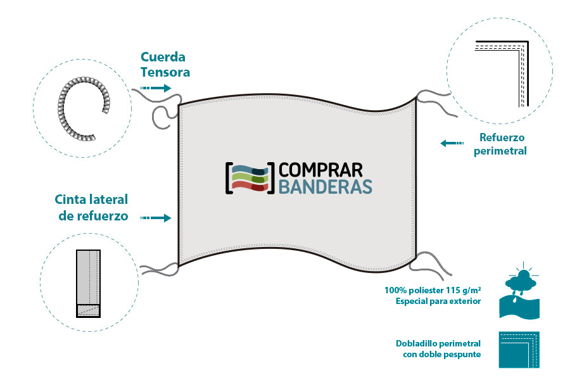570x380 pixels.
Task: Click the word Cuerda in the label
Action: click(163, 57)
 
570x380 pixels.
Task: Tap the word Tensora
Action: click(165, 72)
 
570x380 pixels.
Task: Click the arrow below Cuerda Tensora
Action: click(156, 88)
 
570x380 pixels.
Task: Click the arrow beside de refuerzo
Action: click(156, 218)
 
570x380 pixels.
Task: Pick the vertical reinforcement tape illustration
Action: click(88, 283)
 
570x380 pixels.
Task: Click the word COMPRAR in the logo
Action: click(320, 170)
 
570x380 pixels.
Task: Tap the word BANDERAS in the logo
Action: click(326, 187)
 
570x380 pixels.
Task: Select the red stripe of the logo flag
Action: click(250, 186)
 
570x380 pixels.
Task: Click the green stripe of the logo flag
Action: click(250, 178)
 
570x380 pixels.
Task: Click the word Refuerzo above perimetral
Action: click(502, 137)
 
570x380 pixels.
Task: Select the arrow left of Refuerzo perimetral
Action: click(452, 143)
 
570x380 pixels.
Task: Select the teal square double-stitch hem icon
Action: click(519, 350)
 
